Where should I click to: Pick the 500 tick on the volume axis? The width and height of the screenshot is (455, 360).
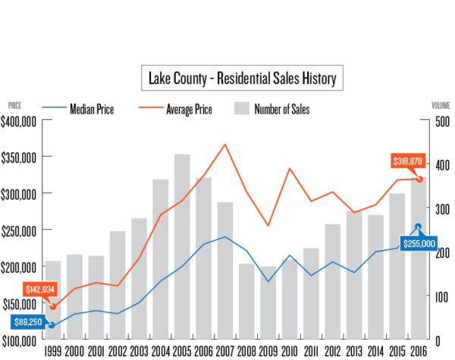[441, 121]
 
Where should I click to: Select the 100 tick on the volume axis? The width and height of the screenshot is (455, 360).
[441, 296]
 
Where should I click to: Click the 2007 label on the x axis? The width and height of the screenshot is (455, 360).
[225, 350]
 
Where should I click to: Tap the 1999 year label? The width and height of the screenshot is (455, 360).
[52, 350]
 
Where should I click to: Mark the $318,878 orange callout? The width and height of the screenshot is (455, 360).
[408, 161]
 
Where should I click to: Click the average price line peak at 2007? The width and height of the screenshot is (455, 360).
[225, 145]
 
